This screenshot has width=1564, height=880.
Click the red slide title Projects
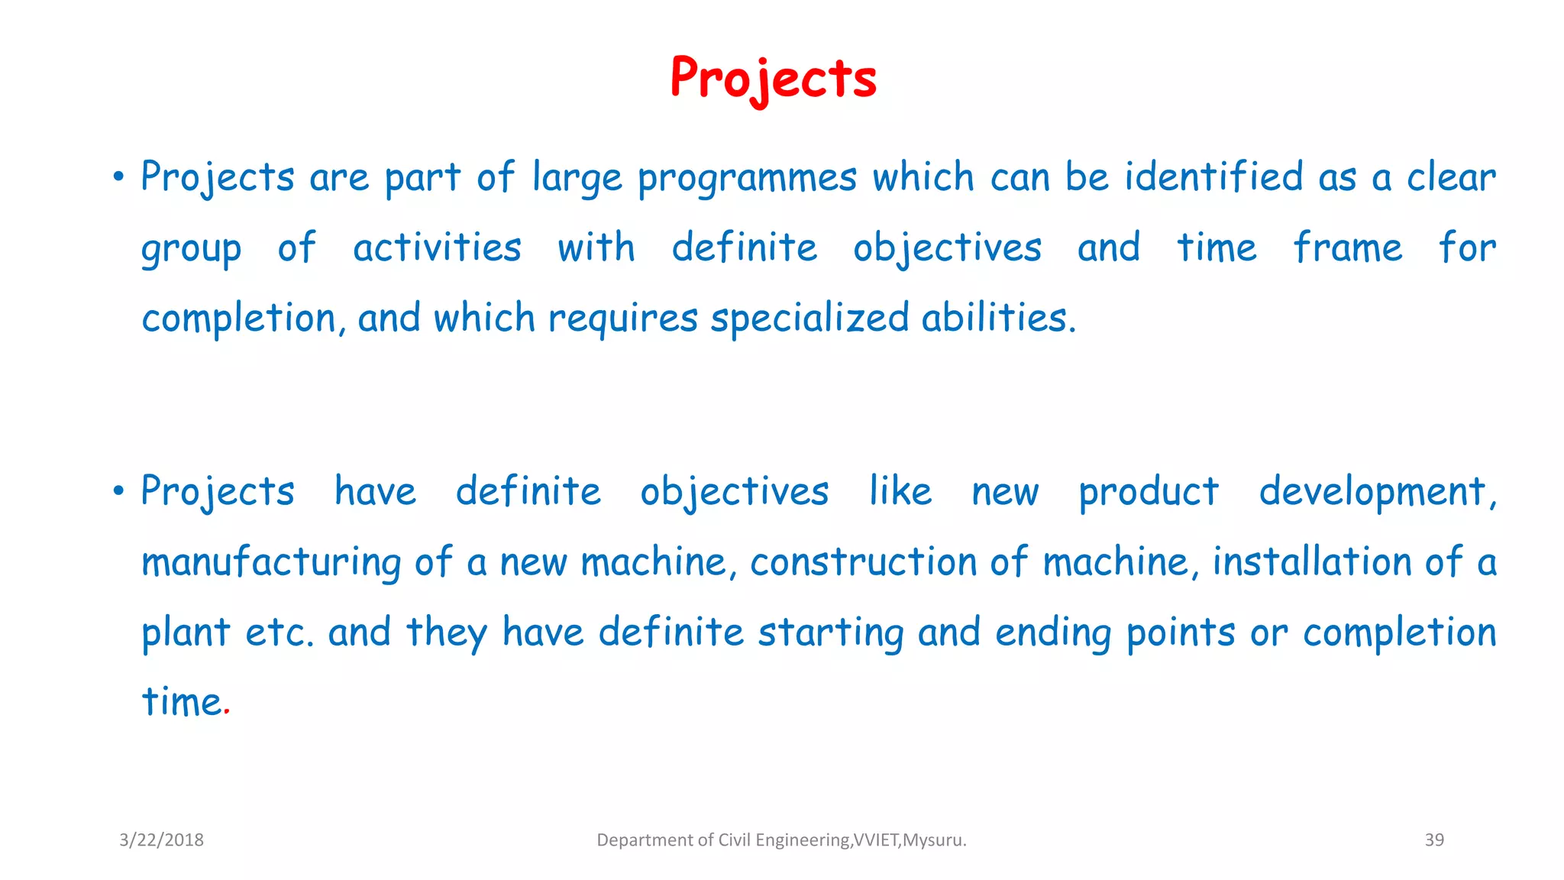[x=773, y=78]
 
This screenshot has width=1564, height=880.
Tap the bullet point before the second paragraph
[x=118, y=491]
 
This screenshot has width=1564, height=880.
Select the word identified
[x=1213, y=176]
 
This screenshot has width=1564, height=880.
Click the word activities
[x=437, y=247]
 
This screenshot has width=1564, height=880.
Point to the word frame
[x=1348, y=247]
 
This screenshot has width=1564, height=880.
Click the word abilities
[x=998, y=317]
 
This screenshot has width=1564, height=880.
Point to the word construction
[x=863, y=562]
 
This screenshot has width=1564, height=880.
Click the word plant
[x=186, y=633]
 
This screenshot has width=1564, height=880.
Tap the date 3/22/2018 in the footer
[x=161, y=840]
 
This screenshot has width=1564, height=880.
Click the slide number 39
[x=1434, y=840]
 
